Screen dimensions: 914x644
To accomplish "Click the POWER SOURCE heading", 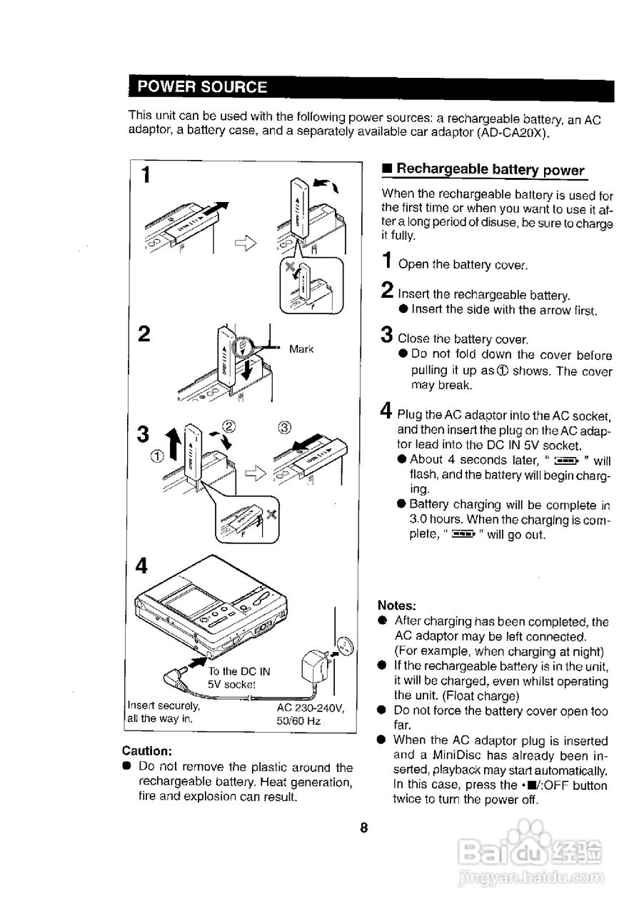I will pos(202,87).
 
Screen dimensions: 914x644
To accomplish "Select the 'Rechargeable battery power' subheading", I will pos(490,169).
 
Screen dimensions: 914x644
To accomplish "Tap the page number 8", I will pos(363,828).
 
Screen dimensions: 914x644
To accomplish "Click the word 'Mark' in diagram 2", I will pos(301,349).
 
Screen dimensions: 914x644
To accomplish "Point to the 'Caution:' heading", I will pos(147,751).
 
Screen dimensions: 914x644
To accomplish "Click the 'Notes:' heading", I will pos(397,605).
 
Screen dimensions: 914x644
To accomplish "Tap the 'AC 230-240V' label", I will pos(311,708).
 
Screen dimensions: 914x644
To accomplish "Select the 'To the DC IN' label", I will pos(239,671).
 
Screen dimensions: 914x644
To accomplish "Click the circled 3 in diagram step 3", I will pos(285,428).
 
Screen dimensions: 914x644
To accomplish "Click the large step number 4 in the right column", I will pos(386,411).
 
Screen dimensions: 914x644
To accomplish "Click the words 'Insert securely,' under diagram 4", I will pos(163,707).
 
